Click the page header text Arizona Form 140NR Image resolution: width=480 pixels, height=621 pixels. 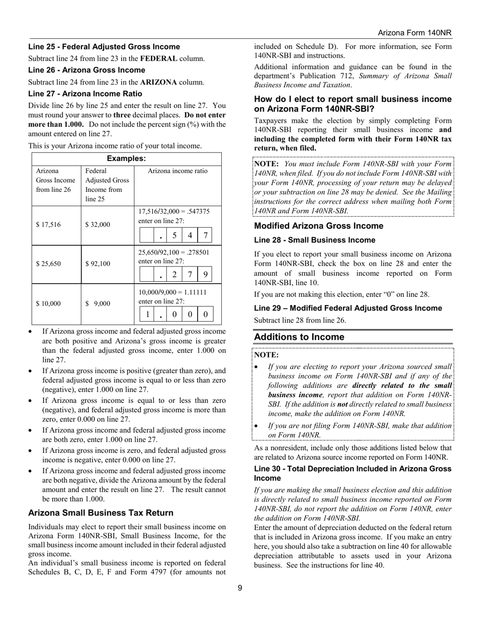[414, 33]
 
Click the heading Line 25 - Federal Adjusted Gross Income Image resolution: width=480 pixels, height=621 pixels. [104, 46]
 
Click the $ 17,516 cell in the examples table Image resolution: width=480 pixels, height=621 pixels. [49, 225]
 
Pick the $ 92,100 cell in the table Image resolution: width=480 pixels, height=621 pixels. [98, 264]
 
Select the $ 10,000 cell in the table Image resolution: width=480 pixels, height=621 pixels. [49, 303]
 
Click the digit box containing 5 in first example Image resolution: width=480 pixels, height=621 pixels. [174, 235]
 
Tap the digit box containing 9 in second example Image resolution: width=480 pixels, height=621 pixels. [205, 275]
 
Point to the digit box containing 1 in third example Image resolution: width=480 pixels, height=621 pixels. [147, 314]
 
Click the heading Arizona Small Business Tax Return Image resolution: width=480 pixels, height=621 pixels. [101, 512]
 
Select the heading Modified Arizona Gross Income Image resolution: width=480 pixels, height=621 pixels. [318, 226]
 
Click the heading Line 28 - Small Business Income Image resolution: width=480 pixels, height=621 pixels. [314, 240]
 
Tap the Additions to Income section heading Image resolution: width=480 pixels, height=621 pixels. [299, 337]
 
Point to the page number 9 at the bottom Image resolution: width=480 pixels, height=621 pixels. [240, 587]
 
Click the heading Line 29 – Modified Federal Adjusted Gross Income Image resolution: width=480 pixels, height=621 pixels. [348, 308]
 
